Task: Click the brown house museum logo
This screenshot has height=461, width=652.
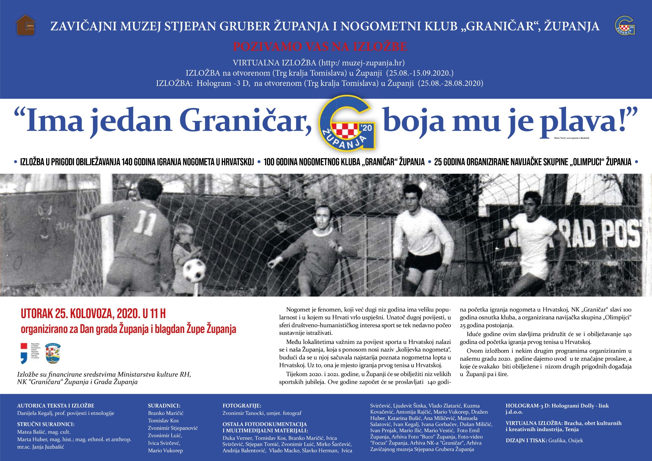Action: pyautogui.click(x=26, y=25)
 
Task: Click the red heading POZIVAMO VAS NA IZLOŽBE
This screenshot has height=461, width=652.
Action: pyautogui.click(x=320, y=47)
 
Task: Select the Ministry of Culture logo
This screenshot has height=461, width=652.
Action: pyautogui.click(x=30, y=353)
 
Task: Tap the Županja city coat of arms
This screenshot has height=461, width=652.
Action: pyautogui.click(x=53, y=353)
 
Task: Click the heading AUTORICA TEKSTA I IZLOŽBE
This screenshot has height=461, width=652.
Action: pyautogui.click(x=56, y=405)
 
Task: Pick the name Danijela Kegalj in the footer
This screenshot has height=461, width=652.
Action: pyautogui.click(x=36, y=413)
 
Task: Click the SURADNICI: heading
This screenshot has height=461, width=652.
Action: pyautogui.click(x=164, y=405)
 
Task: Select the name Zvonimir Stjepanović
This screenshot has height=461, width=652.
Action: pyautogui.click(x=173, y=428)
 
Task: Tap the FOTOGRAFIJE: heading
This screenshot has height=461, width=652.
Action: pyautogui.click(x=242, y=405)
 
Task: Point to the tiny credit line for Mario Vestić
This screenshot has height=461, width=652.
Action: pyautogui.click(x=572, y=138)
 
